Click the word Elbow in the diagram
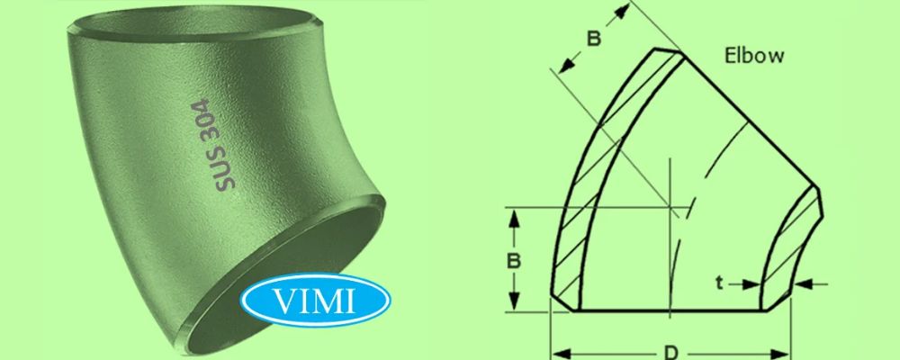755,55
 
